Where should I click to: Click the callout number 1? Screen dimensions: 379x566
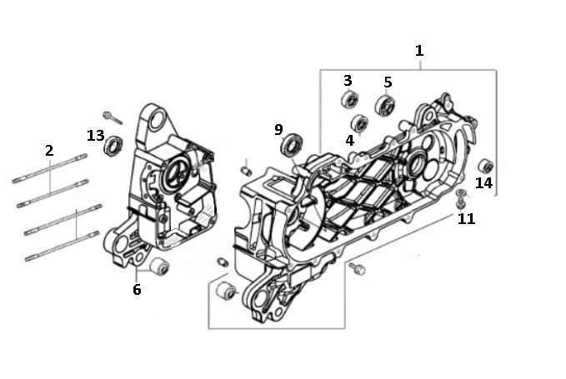pos(419,51)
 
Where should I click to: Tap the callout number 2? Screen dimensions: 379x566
pos(49,151)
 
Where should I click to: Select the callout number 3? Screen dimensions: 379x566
pos(348,81)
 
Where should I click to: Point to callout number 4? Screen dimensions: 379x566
pos(350,141)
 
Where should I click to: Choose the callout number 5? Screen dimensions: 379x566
pos(388,82)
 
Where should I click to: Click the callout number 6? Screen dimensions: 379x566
pos(136,290)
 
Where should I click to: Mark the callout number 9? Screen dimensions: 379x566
pos(278,129)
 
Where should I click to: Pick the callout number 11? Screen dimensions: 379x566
pos(467,219)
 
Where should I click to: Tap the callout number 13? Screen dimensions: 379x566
pos(95,136)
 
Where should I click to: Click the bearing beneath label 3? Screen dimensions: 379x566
pos(348,102)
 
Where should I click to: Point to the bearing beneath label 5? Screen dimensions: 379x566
pos(384,105)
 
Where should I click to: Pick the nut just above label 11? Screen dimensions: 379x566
pos(461,201)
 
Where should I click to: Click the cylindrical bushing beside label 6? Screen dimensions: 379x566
pos(158,267)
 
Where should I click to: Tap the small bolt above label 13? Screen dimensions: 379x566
pos(113,117)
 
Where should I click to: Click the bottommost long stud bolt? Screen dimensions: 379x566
pos(63,247)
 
